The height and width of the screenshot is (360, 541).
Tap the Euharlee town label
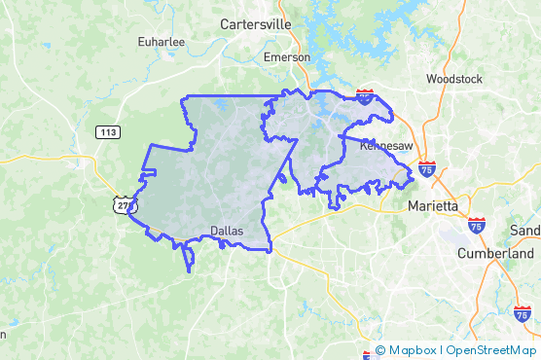tap(162, 43)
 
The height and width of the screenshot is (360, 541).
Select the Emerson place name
tap(288, 57)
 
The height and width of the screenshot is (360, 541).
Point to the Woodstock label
tap(455, 79)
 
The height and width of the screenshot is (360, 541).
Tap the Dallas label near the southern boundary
tap(227, 231)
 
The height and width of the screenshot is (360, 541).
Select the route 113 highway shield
tap(107, 130)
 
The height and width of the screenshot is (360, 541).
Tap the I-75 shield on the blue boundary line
tap(364, 95)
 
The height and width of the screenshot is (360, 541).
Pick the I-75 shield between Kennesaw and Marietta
tap(427, 167)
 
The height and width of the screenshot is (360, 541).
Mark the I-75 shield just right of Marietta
tap(476, 225)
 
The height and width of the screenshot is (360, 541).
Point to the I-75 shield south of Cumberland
tap(523, 313)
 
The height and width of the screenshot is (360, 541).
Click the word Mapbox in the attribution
tap(413, 350)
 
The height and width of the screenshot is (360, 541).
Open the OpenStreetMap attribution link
tap(491, 350)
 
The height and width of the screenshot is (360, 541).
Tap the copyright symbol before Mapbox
tap(380, 350)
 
